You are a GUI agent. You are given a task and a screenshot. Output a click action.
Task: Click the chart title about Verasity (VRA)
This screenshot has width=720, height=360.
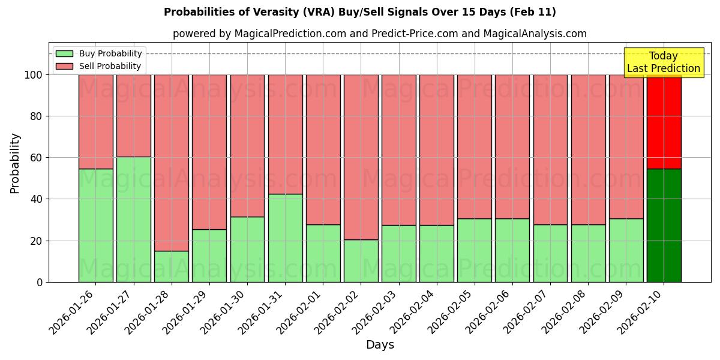359,12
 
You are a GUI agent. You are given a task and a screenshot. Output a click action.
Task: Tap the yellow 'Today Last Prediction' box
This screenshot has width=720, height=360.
663,62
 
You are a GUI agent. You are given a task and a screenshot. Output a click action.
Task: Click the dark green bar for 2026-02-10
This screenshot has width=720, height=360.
664,225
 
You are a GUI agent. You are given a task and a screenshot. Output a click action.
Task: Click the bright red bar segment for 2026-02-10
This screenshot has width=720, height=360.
664,122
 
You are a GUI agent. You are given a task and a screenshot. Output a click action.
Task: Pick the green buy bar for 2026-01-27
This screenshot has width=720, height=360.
133,219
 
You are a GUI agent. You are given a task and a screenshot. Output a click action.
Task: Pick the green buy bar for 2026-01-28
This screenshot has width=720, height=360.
171,266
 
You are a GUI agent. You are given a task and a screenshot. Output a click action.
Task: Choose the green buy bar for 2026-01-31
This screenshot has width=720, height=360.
285,238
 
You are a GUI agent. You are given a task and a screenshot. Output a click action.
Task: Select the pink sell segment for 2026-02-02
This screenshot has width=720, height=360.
361,157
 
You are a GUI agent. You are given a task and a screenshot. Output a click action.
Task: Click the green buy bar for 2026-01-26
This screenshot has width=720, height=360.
95,225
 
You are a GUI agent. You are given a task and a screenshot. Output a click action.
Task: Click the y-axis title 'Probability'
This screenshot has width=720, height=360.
15,163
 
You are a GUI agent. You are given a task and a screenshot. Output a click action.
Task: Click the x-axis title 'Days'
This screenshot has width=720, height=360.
379,345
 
